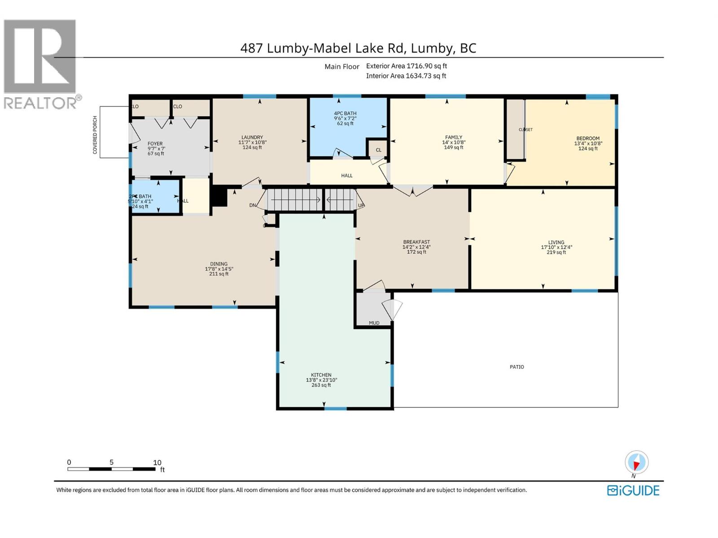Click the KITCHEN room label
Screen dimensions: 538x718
321,375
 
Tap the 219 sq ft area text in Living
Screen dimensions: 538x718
556,252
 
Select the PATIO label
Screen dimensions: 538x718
517,367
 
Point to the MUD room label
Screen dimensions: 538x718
374,323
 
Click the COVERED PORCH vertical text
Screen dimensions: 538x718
95,135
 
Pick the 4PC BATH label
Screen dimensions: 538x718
345,113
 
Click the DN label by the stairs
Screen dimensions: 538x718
253,205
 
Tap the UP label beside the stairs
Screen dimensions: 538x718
361,206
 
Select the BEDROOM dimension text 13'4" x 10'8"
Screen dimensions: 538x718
588,144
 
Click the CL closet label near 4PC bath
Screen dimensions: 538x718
378,150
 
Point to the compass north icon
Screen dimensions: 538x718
636,462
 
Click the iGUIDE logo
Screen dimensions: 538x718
633,490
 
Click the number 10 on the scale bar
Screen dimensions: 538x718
157,463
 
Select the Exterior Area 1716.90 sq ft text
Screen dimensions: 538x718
406,66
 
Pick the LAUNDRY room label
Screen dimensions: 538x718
252,138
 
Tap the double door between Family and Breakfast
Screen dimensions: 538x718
413,191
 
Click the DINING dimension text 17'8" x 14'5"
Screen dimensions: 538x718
219,269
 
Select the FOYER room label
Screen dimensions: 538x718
155,144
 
